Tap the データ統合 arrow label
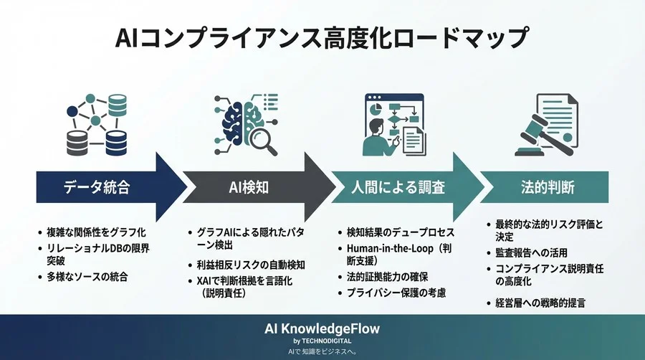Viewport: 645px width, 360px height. [95, 188]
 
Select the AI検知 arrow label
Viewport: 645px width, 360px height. [247, 188]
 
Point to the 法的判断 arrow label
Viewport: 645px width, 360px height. [548, 188]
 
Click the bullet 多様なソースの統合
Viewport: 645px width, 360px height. [95, 276]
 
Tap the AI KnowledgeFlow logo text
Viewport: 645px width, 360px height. [322, 328]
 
